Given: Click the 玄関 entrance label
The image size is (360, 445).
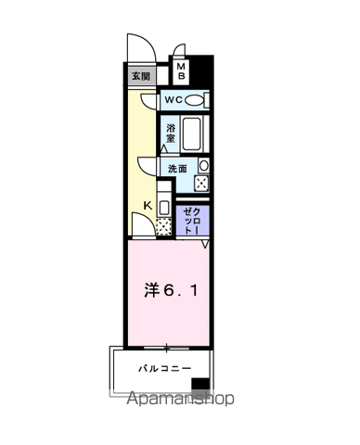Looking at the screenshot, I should [138, 76].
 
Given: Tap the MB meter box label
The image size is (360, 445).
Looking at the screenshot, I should [182, 71].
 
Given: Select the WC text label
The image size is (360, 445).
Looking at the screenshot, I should [173, 99].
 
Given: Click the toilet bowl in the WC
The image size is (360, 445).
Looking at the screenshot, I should [195, 100].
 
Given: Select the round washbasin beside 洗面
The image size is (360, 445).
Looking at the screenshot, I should [204, 165].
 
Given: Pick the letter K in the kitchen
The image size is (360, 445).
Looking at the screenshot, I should [147, 206].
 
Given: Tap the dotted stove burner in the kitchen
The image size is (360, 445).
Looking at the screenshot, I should [164, 223].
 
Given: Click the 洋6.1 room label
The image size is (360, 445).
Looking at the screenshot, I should [169, 291].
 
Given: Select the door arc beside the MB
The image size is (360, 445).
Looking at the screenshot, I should [176, 52].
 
